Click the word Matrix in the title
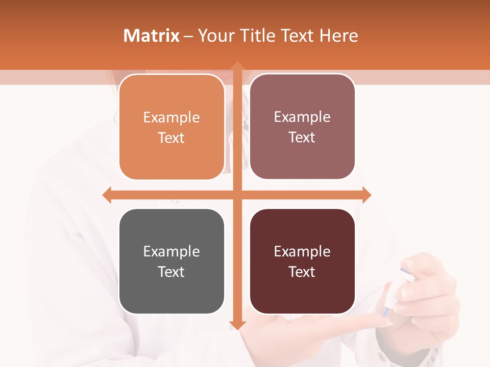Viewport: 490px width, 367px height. (x=151, y=36)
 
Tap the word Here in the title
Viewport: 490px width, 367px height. (x=338, y=36)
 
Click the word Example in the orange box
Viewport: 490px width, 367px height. (x=171, y=117)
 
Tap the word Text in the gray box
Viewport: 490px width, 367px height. (x=171, y=272)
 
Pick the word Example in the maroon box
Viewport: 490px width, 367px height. (x=302, y=251)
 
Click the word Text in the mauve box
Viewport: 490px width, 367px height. (x=302, y=138)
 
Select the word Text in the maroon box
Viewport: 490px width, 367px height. (x=302, y=272)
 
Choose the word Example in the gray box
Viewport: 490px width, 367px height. (x=171, y=251)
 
